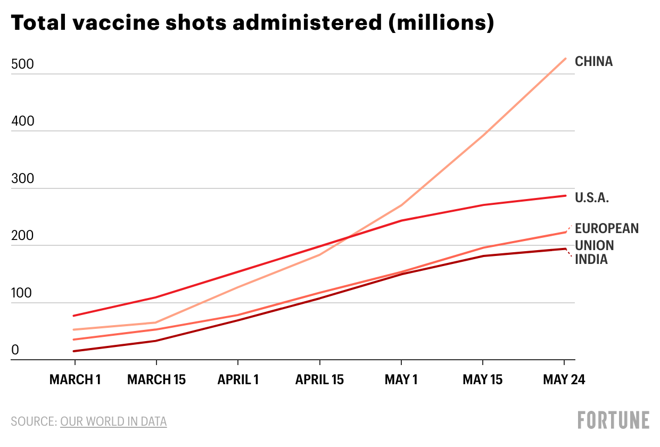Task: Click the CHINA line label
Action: (593, 62)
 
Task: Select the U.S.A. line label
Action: (592, 198)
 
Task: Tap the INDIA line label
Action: (591, 260)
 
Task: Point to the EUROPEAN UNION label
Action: (606, 237)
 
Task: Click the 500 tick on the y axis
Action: (22, 65)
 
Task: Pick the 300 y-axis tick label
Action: (22, 179)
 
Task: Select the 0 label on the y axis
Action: (15, 350)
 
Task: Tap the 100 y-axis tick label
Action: (22, 294)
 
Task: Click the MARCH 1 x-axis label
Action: (75, 380)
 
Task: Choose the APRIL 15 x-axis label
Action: (319, 380)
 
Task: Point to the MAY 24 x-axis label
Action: (564, 380)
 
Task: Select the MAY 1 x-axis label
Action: (401, 380)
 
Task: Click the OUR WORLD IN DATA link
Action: (113, 422)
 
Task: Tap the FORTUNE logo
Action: (614, 420)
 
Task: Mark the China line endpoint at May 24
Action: (565, 59)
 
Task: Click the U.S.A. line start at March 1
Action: (75, 316)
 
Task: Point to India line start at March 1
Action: (75, 351)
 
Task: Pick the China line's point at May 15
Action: (483, 135)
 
